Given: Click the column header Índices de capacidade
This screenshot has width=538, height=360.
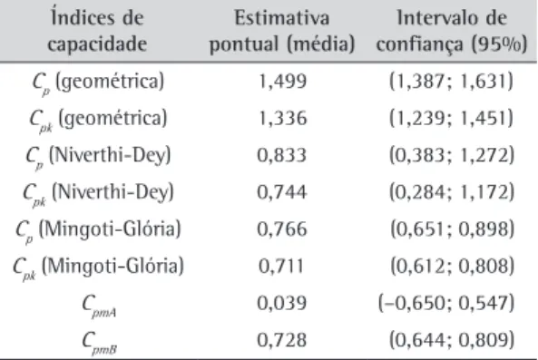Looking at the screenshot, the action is tap(97, 30).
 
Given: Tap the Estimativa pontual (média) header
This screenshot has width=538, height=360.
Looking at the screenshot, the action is tap(282, 31).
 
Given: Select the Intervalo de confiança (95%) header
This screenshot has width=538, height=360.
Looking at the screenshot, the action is tap(452, 31).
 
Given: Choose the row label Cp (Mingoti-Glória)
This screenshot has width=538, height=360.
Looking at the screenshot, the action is tap(98, 230).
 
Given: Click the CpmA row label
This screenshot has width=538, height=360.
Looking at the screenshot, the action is tap(99, 306).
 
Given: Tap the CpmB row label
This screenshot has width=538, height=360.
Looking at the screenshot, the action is tap(99, 343).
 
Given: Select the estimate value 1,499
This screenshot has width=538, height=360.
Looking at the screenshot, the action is tap(282, 82).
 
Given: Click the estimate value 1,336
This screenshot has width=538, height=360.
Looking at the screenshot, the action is tap(282, 119).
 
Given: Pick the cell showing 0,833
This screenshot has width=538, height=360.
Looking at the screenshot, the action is tap(281, 155).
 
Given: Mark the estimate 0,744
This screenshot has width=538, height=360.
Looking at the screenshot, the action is tap(281, 192).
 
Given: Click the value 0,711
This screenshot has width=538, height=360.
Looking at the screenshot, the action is tap(281, 266).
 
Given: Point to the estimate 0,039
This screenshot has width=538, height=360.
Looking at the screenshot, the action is tap(281, 303).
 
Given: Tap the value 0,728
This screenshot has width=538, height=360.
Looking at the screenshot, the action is tap(281, 340).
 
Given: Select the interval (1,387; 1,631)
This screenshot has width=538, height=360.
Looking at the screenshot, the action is tap(451, 82).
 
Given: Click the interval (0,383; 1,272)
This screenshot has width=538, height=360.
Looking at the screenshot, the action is tap(452, 155).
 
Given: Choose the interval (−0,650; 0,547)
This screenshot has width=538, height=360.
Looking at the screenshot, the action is tap(446, 303).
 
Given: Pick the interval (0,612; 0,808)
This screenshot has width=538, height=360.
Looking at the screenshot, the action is tap(452, 266).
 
